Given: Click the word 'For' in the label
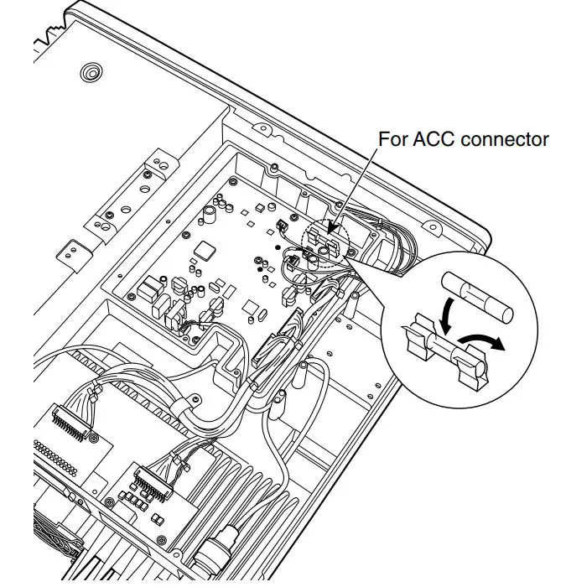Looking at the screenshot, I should click(x=394, y=139).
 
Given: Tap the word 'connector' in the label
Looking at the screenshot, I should click(x=507, y=139).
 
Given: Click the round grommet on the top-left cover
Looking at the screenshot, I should click(x=91, y=74).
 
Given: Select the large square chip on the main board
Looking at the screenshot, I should click(x=205, y=251).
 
